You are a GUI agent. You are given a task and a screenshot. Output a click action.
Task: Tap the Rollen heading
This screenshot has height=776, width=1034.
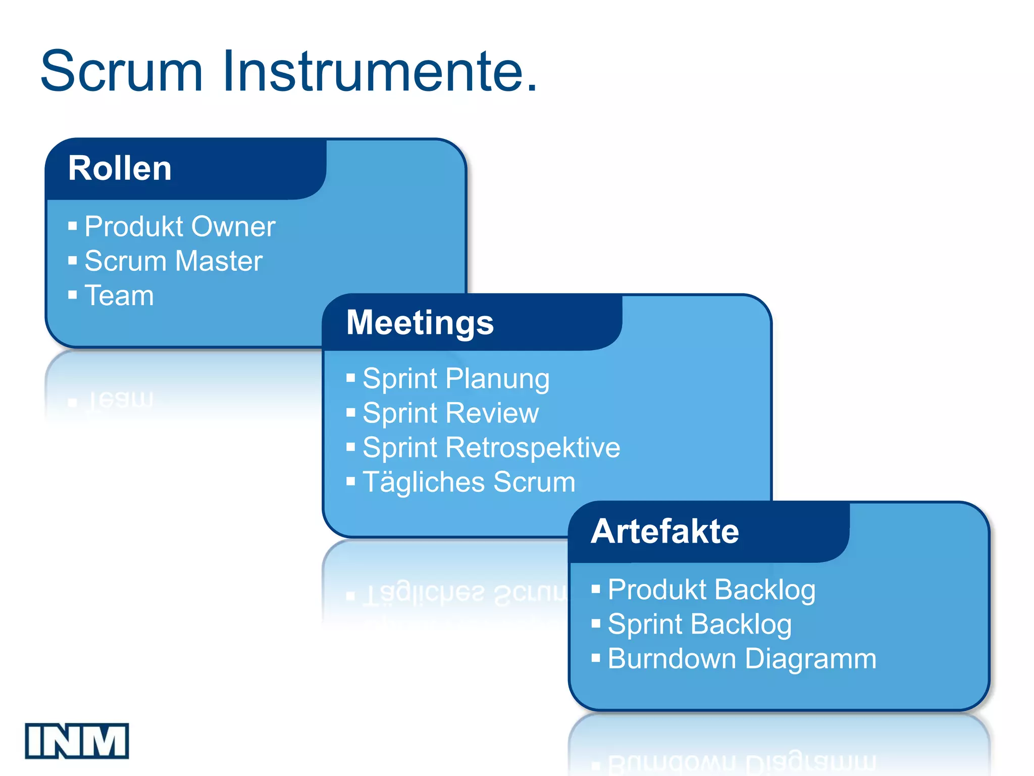120,168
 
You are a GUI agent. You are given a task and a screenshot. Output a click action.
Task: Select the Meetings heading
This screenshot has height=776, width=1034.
420,323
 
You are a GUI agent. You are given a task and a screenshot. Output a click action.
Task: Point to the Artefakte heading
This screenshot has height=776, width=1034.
665,531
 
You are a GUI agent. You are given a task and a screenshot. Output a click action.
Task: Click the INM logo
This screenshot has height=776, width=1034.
77,741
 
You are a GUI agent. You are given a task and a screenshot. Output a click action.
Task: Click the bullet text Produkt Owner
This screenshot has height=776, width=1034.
180,226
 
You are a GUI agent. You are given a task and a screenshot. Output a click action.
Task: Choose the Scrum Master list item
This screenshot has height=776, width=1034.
173,261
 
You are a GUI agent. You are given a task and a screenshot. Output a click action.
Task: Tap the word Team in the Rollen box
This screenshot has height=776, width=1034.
119,296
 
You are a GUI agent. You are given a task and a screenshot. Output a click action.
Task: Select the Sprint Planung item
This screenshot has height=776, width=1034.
456,379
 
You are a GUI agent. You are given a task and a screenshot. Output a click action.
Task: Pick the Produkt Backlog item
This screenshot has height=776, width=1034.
711,590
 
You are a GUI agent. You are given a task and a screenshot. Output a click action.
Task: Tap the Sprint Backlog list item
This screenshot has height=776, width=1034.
699,624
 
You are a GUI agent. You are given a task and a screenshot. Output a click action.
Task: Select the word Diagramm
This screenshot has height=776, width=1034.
811,659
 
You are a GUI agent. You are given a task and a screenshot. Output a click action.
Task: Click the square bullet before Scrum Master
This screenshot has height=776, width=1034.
73,261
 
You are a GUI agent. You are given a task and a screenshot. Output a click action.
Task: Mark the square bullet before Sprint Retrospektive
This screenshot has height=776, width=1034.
351,447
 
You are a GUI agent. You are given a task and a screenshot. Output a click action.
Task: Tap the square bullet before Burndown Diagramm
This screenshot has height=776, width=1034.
596,658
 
